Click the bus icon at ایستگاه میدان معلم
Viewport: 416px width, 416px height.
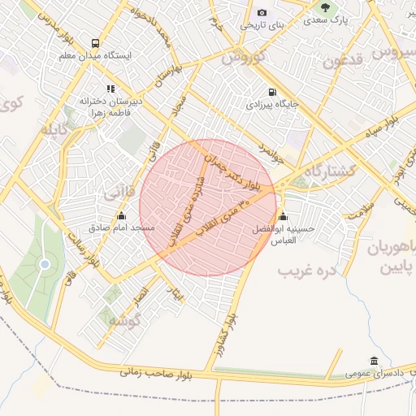pos(96,43)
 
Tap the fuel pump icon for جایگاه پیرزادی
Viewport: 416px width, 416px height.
pos(271,92)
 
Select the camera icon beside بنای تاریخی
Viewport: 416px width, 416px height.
pos(262,12)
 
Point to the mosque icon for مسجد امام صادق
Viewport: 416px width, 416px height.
pos(122,215)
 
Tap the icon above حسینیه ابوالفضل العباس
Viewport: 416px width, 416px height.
pos(283,216)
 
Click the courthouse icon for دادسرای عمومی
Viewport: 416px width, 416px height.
pos(373,361)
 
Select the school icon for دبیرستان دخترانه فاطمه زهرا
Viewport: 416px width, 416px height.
pos(110,89)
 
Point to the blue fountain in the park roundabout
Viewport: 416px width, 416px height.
pos(45,263)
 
